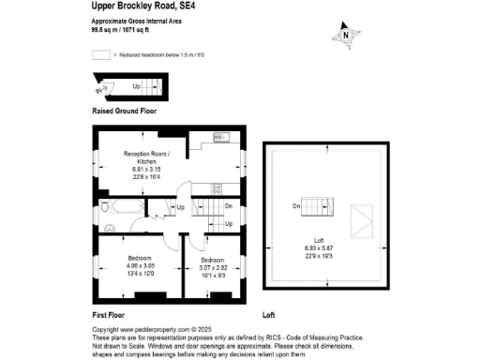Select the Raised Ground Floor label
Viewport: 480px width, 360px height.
pyautogui.click(x=124, y=112)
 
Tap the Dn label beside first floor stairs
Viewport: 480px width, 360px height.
pyautogui.click(x=228, y=205)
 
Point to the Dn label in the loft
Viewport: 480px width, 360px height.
pyautogui.click(x=295, y=206)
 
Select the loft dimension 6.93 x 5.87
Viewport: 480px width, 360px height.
pyautogui.click(x=320, y=247)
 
